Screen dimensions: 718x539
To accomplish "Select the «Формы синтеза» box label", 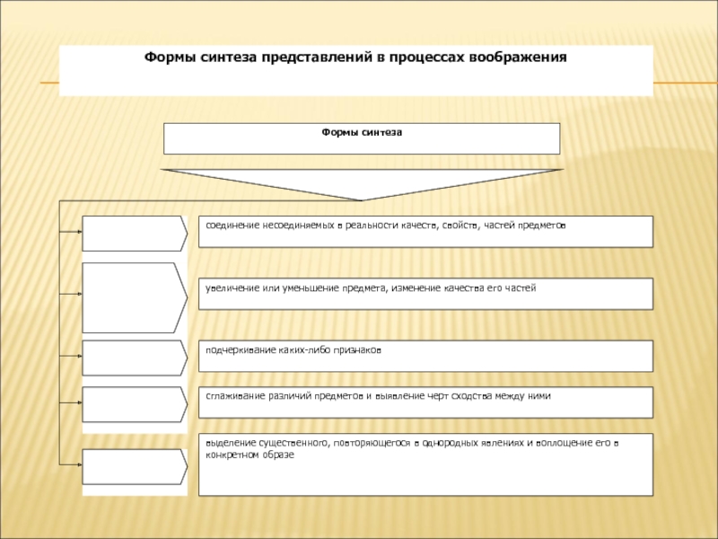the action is (362, 132).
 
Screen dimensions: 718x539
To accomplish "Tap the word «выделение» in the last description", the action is (231, 443).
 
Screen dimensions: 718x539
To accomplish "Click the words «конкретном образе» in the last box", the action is (250, 455).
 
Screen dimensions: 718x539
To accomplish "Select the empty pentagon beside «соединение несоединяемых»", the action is (135, 234).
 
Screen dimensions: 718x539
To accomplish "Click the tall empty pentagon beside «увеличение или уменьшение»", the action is (135, 297).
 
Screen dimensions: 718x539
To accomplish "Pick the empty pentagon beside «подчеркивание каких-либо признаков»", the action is (135, 358).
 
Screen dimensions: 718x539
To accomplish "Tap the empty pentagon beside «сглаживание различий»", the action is (135, 404).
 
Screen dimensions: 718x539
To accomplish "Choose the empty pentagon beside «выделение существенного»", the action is (135, 466).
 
